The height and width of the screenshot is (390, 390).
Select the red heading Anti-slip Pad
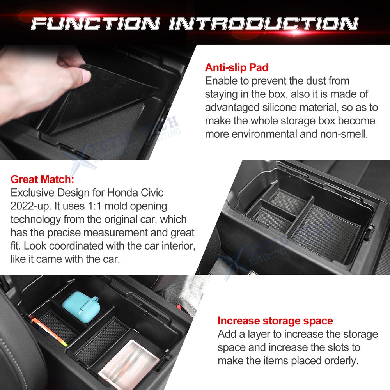click(x=237, y=67)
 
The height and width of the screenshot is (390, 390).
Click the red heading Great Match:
click(x=42, y=179)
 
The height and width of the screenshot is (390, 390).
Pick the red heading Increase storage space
click(x=275, y=321)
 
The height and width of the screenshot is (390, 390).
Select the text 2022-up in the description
click(x=27, y=206)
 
